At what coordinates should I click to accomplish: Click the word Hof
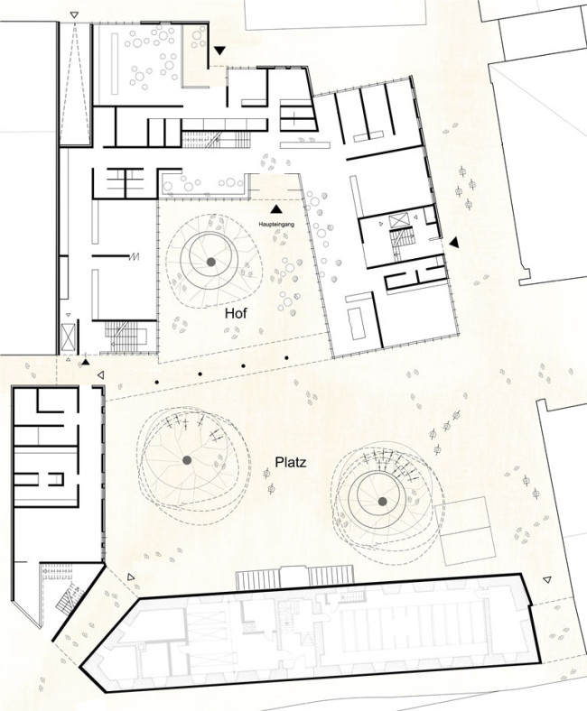(236, 313)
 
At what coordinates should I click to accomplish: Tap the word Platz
(291, 463)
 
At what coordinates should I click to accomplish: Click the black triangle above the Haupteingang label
(275, 208)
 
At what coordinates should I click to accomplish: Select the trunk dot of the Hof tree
(210, 262)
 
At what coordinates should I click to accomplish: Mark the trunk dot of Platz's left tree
(187, 460)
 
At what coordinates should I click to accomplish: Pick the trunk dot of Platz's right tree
(382, 501)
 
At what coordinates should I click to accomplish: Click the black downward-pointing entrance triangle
(219, 51)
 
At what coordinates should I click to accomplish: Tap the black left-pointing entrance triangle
(454, 243)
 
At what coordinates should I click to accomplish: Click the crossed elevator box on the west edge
(68, 336)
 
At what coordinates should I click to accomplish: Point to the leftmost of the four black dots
(157, 383)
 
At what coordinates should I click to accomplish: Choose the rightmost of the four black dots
(286, 358)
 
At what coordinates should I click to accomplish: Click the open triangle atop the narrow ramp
(74, 15)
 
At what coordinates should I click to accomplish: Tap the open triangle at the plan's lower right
(547, 579)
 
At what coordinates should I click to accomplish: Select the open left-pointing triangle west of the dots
(101, 375)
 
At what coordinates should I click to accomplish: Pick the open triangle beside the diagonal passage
(131, 577)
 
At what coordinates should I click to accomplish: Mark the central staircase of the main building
(216, 139)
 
